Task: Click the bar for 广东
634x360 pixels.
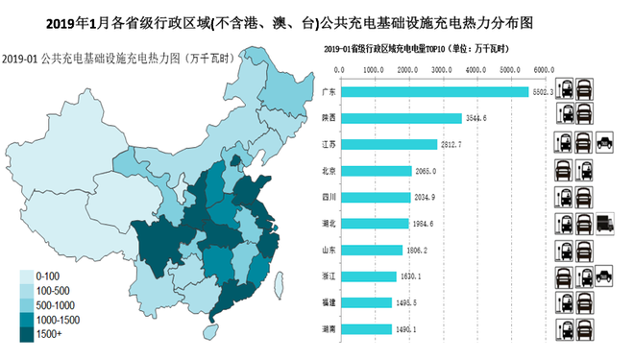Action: pos(434,91)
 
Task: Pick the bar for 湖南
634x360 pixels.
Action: pos(366,328)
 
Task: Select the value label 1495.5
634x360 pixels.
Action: pos(406,302)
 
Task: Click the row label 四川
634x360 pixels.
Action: pos(328,197)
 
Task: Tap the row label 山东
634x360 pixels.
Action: pos(328,250)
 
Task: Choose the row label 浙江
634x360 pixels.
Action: pos(328,276)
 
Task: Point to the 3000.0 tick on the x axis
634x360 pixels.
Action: pos(441,69)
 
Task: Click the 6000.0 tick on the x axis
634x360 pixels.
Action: pos(543,69)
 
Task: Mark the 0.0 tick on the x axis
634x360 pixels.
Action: pos(339,69)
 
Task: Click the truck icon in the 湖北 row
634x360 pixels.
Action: pos(604,224)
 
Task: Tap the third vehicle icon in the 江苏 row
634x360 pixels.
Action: pos(604,144)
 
